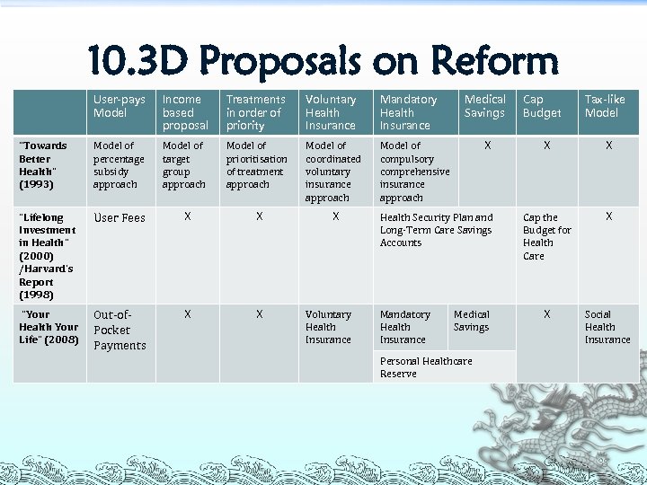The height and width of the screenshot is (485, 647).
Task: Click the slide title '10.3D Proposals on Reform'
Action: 323,60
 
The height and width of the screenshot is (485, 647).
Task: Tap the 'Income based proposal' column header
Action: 185,112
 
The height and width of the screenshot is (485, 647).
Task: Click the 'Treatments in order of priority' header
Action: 256,112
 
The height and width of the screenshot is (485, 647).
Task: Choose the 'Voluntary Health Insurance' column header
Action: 330,112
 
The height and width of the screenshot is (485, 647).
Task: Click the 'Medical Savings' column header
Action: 485,106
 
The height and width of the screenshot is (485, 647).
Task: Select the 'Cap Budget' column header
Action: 542,106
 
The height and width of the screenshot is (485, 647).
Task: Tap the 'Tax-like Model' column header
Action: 605,106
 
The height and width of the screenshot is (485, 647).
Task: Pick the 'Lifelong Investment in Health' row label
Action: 49,256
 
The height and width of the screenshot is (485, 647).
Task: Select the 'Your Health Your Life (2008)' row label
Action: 49,327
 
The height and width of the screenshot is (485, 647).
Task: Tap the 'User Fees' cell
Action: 120,218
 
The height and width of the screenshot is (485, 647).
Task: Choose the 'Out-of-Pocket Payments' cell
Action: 120,330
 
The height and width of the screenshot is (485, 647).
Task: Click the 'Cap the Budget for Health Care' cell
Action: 546,236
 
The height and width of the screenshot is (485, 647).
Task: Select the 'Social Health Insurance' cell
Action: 607,327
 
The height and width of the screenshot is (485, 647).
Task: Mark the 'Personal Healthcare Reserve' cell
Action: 426,367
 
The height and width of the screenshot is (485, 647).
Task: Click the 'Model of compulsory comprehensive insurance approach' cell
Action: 415,171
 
